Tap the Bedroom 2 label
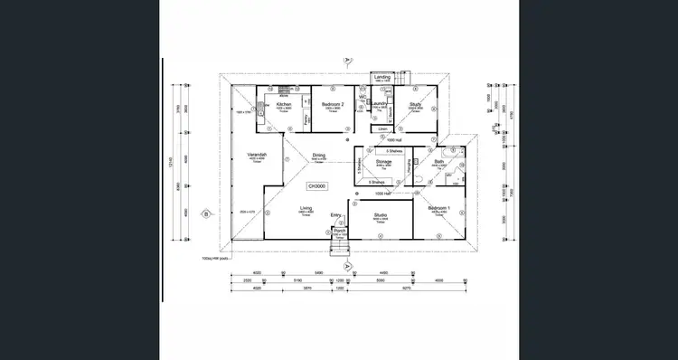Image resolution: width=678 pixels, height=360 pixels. tap(331, 104)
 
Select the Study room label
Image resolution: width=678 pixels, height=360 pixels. tap(416, 104)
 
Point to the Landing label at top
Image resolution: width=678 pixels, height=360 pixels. tap(381, 78)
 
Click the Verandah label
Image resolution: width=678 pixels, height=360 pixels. tap(257, 155)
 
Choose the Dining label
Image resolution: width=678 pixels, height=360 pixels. tap(318, 155)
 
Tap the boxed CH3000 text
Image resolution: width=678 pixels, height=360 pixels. tap(316, 185)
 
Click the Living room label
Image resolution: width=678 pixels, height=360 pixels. tap(306, 209)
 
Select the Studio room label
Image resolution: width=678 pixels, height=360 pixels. tap(381, 214)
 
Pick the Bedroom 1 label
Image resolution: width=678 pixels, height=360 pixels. tap(439, 209)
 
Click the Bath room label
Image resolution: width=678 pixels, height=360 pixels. tap(438, 162)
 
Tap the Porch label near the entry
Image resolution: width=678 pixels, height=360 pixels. tap(340, 231)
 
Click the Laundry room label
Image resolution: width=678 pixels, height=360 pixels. tap(381, 104)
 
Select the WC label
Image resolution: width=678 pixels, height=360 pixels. tap(362, 97)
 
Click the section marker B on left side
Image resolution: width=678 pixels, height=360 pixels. tap(206, 214)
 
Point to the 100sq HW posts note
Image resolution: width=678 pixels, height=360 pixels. tap(217, 256)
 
